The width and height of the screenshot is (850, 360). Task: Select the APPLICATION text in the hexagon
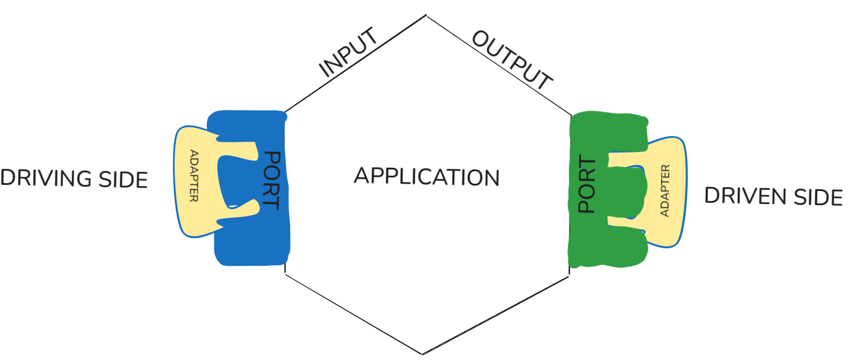tap(426, 176)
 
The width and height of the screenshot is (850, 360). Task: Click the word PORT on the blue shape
tap(273, 180)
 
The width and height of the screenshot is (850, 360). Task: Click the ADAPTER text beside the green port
tap(666, 190)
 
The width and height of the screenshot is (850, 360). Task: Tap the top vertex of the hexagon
tap(426, 16)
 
